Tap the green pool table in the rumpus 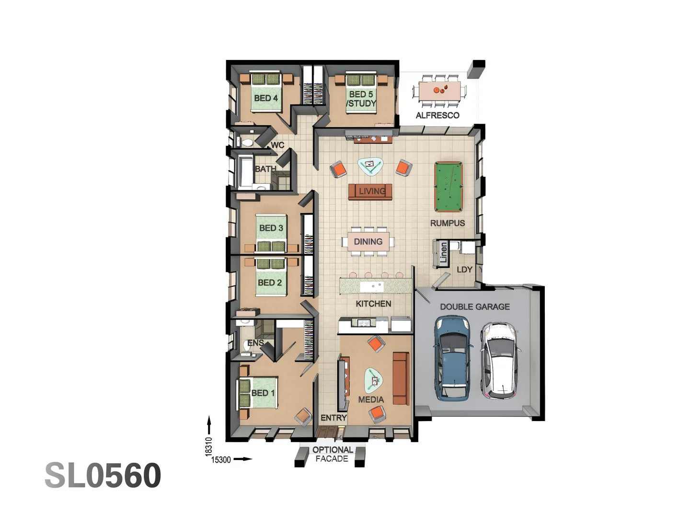[x=448, y=187]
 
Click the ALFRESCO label [x=437, y=115]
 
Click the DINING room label [x=368, y=242]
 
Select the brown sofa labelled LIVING [x=370, y=191]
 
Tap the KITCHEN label [x=373, y=304]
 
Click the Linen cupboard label [x=444, y=253]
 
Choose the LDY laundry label [x=464, y=270]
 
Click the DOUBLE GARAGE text [x=474, y=306]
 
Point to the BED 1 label [x=263, y=393]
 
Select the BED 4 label [x=266, y=98]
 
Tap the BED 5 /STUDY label [x=361, y=99]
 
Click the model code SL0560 [x=103, y=475]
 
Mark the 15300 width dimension [x=221, y=459]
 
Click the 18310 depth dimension [x=208, y=446]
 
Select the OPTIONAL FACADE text [x=332, y=454]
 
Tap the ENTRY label [x=333, y=418]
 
